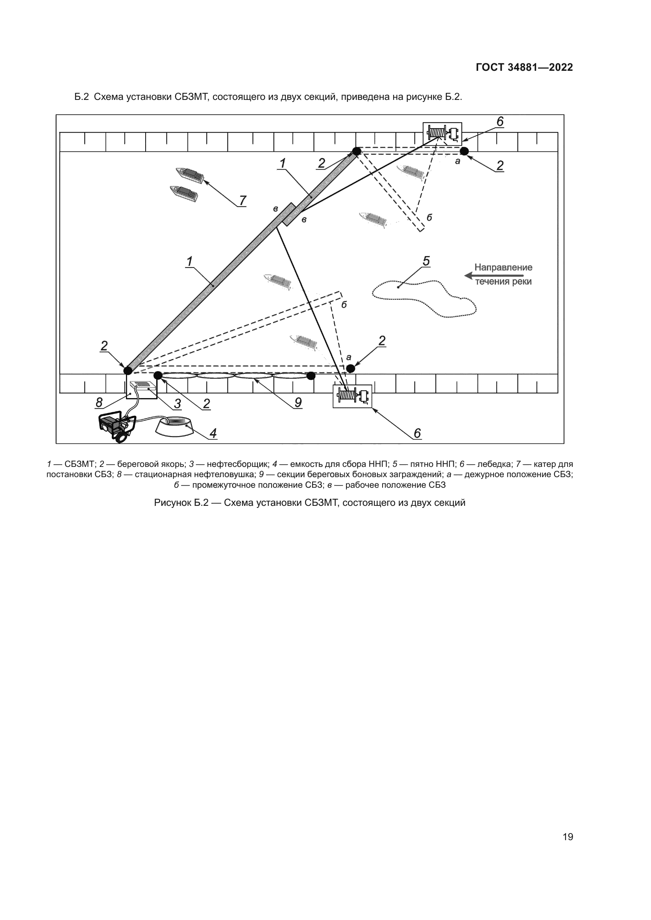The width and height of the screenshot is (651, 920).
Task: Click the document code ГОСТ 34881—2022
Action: click(x=524, y=67)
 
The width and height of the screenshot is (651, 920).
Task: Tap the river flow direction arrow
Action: click(x=494, y=276)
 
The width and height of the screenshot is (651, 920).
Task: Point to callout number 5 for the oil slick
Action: click(x=426, y=261)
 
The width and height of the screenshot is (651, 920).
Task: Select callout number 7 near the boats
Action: click(x=242, y=200)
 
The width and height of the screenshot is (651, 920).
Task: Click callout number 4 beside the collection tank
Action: click(x=213, y=433)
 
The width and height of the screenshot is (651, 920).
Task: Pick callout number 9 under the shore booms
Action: click(x=298, y=402)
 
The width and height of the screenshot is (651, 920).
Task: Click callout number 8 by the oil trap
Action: click(x=99, y=402)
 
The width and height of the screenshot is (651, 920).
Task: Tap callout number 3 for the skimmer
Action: click(x=177, y=404)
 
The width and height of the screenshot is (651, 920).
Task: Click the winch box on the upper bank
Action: click(x=442, y=133)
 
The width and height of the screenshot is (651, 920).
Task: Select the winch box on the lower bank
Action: click(x=352, y=396)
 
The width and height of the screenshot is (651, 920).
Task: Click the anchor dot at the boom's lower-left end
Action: click(x=128, y=370)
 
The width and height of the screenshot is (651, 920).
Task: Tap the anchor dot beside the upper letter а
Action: click(x=464, y=151)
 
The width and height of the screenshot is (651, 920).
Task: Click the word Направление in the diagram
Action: click(x=503, y=267)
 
